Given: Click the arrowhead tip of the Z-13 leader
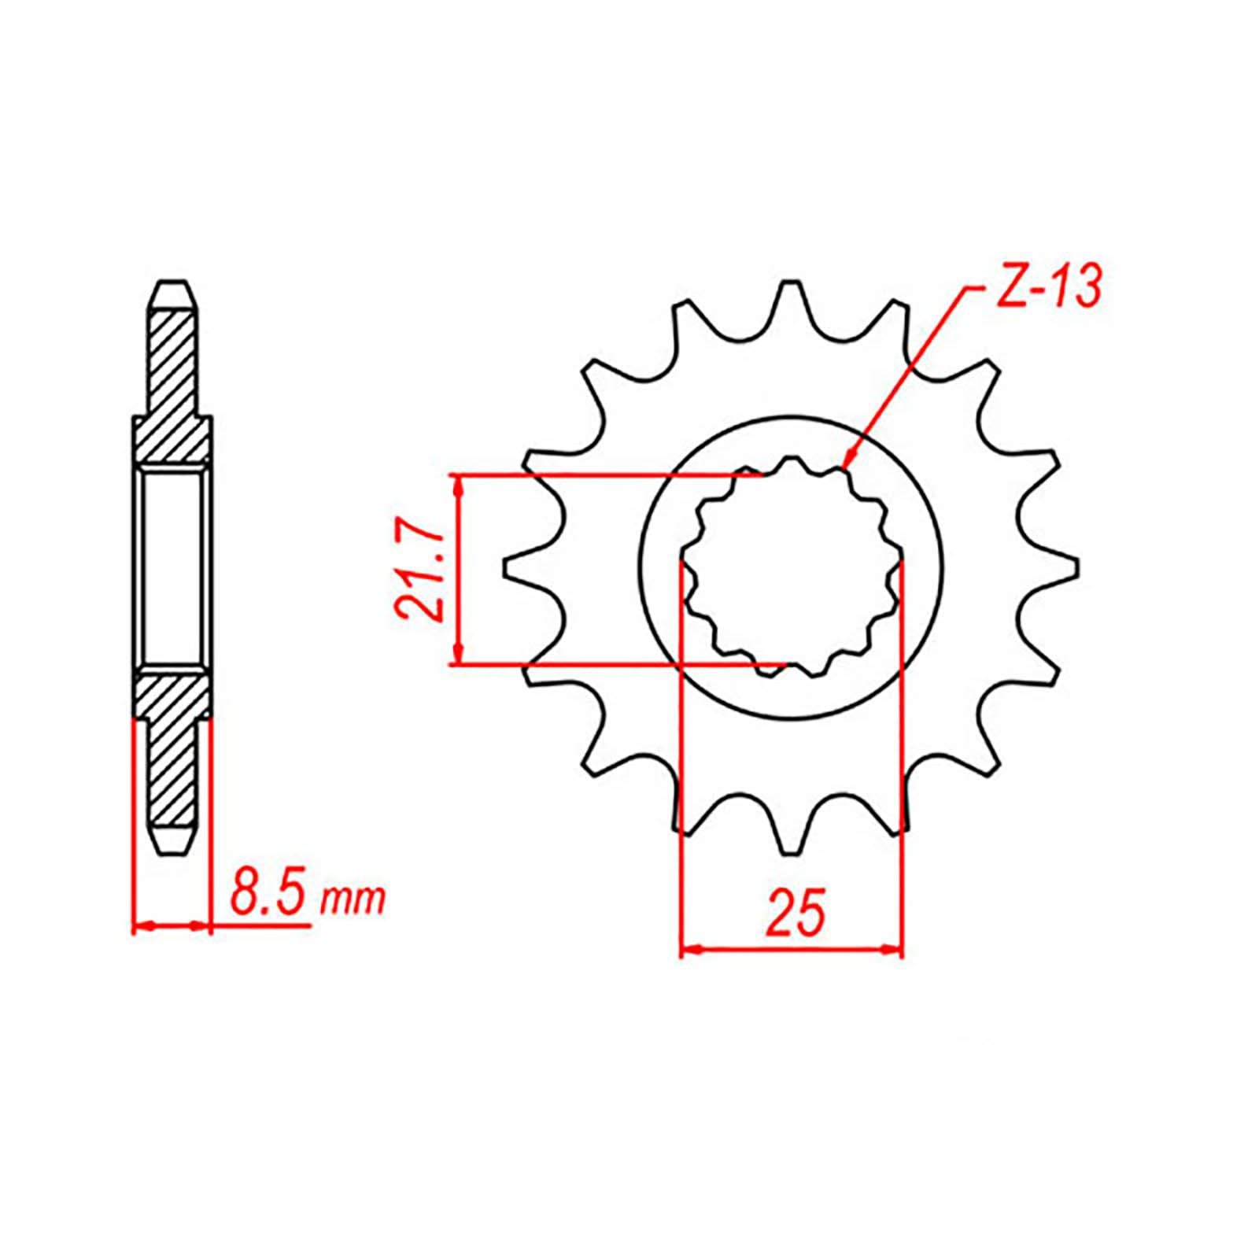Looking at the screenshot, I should tap(845, 469).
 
